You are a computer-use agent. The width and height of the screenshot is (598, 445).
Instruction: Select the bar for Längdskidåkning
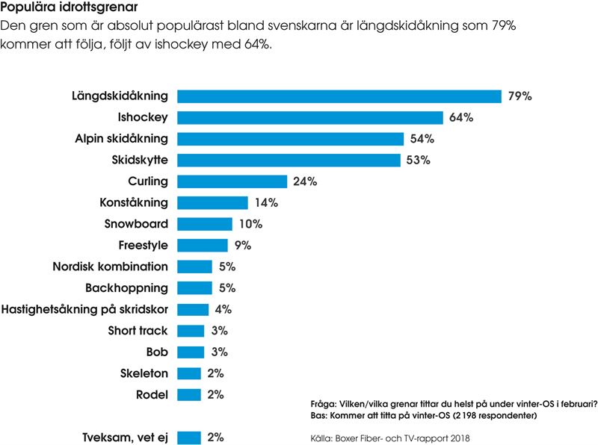pos(339,96)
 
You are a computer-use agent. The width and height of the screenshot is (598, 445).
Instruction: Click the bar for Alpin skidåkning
pos(291,139)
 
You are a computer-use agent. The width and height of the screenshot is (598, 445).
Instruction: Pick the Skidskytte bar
pos(289,161)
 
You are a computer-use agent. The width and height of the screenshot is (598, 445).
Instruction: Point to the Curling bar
pos(232,181)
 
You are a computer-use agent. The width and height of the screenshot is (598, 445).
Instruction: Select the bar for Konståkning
pos(213,203)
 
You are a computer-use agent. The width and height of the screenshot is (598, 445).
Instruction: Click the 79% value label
pos(520,96)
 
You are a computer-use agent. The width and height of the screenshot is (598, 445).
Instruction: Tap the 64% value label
pos(461,118)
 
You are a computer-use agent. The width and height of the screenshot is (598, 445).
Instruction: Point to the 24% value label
pos(305,181)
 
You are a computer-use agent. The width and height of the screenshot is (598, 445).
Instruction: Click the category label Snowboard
pos(137,224)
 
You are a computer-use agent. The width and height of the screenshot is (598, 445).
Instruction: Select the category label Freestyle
pos(143,245)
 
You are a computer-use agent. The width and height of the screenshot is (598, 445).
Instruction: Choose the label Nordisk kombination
pos(111,267)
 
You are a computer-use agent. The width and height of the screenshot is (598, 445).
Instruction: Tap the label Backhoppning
pos(126,288)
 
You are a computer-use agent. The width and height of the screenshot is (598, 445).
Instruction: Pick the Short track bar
pos(191,331)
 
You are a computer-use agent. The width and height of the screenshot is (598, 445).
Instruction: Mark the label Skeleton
pos(144,373)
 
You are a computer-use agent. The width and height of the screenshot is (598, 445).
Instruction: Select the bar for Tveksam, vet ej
pos(190,438)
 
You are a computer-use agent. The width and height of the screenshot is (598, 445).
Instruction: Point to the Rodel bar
pos(190,395)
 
